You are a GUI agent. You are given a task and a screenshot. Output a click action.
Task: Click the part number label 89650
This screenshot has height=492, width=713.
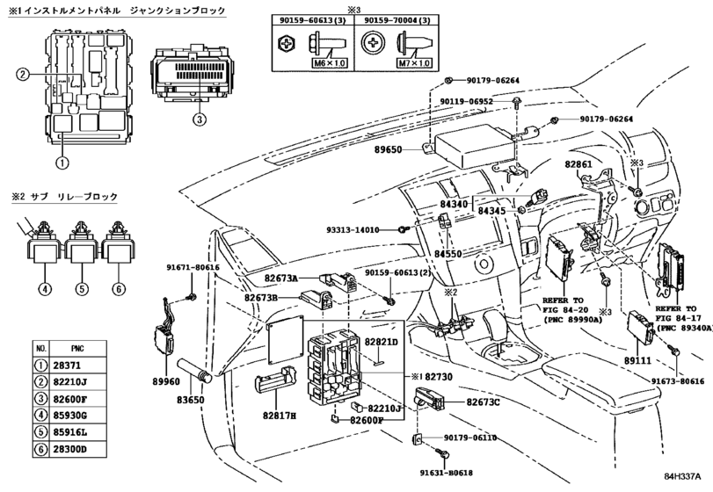pyautogui.click(x=388, y=149)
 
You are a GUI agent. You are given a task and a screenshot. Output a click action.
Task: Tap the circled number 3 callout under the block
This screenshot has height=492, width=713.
pyautogui.click(x=200, y=119)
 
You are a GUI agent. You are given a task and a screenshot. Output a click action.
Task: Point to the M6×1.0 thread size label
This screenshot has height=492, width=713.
pyautogui.click(x=328, y=63)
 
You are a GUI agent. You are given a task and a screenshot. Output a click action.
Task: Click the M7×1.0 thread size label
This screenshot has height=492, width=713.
pyautogui.click(x=414, y=63)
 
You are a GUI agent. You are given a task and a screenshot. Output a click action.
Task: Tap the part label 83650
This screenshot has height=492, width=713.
pyautogui.click(x=191, y=401)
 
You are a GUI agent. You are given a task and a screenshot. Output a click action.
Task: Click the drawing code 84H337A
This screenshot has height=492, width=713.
pyautogui.click(x=682, y=476)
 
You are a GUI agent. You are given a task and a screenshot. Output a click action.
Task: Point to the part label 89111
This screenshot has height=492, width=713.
pyautogui.click(x=637, y=361)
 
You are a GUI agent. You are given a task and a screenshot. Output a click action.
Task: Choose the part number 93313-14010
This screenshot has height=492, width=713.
pyautogui.click(x=353, y=230)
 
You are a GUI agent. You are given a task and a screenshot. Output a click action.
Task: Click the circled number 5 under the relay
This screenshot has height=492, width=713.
pyautogui.click(x=82, y=288)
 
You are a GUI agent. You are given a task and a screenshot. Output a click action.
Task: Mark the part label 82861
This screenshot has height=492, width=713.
pyautogui.click(x=578, y=163)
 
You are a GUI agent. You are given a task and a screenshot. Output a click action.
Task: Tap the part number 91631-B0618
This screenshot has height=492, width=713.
pyautogui.click(x=446, y=473)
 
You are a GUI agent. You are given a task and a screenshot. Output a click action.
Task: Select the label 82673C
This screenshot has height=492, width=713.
pyautogui.click(x=483, y=402)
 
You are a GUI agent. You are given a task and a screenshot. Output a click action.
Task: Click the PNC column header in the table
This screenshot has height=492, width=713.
pyautogui.click(x=77, y=349)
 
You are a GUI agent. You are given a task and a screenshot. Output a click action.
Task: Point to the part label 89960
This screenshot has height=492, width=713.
pyautogui.click(x=166, y=382)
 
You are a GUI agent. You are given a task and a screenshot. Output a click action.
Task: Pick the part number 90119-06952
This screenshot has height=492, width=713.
pyautogui.click(x=467, y=101)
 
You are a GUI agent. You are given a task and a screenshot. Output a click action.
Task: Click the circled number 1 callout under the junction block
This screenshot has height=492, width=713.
pyautogui.click(x=62, y=162)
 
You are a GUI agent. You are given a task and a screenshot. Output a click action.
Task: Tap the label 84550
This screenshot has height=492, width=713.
pyautogui.click(x=448, y=254)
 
